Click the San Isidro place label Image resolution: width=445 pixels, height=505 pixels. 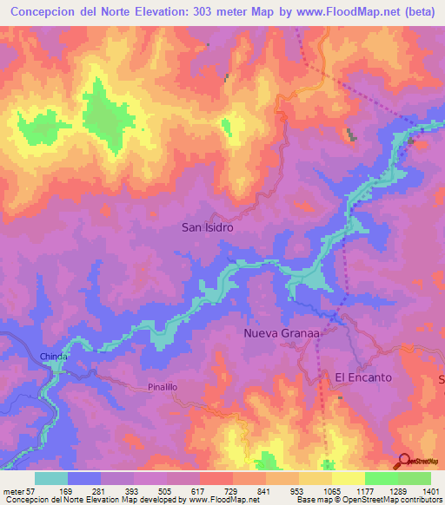207,227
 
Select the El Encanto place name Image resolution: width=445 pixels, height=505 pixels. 363,377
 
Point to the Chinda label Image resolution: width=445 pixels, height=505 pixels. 54,357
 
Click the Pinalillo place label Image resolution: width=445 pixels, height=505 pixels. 163,390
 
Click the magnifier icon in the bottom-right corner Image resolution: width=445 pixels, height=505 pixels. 403,462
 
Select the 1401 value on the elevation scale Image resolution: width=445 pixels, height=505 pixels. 430,490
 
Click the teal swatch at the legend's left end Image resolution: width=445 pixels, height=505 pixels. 51,478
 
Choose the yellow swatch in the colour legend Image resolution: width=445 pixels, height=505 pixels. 348,478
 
